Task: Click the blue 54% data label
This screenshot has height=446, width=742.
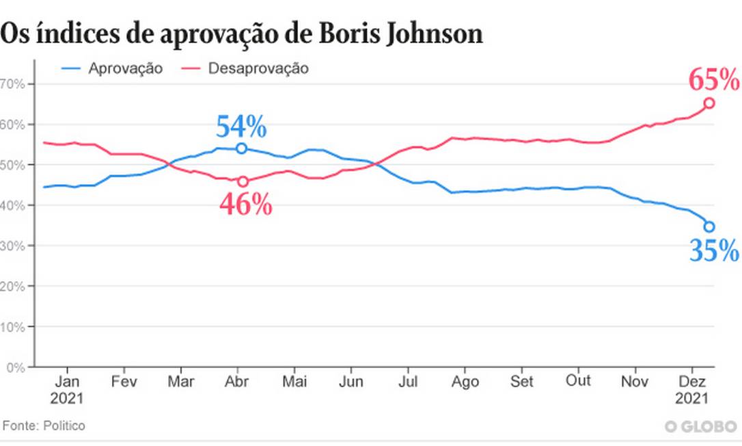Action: coord(241,127)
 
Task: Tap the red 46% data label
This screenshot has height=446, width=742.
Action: coord(245,205)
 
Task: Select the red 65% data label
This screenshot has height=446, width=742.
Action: coord(713,81)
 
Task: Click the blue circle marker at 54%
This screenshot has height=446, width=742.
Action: coord(241,148)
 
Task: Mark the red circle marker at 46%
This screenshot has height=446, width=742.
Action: coord(243,182)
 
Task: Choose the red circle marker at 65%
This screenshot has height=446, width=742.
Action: coord(709,103)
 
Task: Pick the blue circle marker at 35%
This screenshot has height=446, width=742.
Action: coord(709,226)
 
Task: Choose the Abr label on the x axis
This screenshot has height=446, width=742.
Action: coord(236,380)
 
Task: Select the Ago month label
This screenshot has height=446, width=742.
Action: coord(466,380)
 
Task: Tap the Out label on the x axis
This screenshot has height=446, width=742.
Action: coord(579,380)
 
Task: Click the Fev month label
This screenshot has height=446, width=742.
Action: coord(123,380)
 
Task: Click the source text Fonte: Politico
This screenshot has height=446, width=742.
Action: coord(44,425)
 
